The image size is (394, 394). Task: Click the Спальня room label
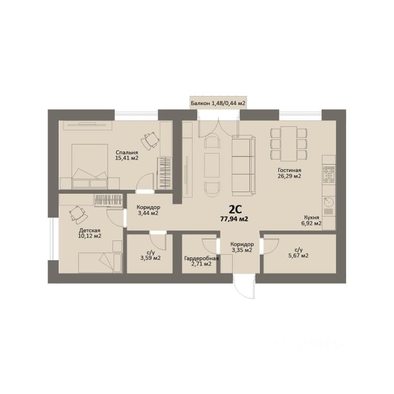pos(127,152)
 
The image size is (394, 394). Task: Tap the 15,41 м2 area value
pos(127,158)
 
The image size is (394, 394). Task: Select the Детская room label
pos(90,231)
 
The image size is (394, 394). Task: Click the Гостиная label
pos(289,170)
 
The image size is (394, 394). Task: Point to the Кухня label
pos(312,217)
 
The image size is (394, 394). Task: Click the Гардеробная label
pos(201,258)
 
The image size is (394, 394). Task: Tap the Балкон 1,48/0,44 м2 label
pos(218,103)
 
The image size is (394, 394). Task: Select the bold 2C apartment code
pos(235,209)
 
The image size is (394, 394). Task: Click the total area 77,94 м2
pos(234,219)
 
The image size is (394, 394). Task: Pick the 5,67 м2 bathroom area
pos(298,256)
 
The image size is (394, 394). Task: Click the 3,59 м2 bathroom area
pos(150,258)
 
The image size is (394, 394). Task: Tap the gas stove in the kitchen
pos(329,174)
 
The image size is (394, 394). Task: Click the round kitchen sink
pos(329,202)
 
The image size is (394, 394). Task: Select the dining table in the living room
pos(289,143)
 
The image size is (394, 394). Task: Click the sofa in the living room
pos(243,165)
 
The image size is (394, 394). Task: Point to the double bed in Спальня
pos(89,166)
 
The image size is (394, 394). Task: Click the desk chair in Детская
pos(78,214)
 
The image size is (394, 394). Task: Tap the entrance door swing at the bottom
pos(244,287)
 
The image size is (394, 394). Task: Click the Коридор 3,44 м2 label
pos(148,211)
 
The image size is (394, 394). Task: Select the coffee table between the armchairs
pos(212,165)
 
